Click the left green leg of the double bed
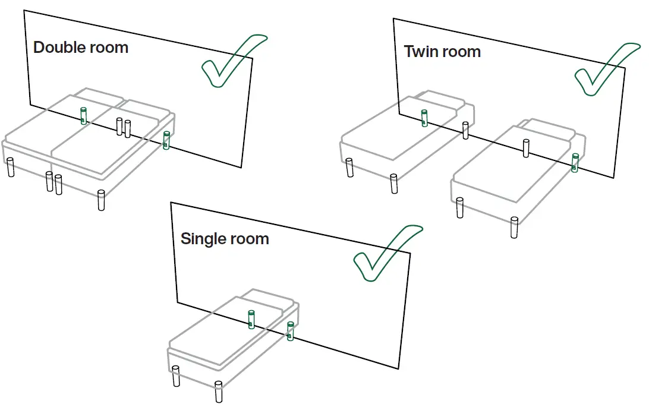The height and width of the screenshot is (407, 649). [84, 116]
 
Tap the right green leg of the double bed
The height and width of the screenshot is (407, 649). [166, 140]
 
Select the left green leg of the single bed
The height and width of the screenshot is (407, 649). [251, 320]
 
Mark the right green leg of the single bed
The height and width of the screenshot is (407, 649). [290, 331]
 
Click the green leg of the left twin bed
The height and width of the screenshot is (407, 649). [424, 118]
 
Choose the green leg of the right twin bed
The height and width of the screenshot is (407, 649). [575, 162]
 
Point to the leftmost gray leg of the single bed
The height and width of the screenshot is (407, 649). [176, 377]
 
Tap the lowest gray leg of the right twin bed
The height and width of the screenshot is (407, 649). [514, 228]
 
